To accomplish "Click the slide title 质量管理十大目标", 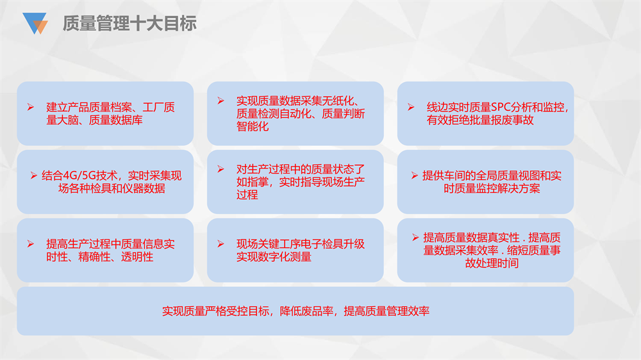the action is [129, 23].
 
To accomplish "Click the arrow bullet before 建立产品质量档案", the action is [31, 107].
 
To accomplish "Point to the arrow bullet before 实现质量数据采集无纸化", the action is [221, 101].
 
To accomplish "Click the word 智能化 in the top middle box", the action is [253, 127].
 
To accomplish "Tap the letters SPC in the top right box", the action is [501, 108].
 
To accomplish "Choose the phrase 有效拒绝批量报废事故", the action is [480, 120].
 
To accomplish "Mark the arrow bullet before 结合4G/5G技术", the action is [34, 176].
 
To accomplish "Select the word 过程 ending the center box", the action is [247, 195].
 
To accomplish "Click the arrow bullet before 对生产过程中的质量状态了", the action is [221, 168].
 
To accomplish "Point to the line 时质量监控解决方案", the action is [492, 188].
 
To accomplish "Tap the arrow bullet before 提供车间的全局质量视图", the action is [415, 176].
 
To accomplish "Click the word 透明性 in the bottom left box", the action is [137, 257].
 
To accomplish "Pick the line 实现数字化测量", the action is [274, 257].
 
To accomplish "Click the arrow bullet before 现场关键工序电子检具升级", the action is [221, 244].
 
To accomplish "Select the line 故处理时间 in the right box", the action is [492, 263].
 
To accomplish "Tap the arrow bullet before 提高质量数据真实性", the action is [415, 238].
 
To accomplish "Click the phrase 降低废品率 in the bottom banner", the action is [306, 311].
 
